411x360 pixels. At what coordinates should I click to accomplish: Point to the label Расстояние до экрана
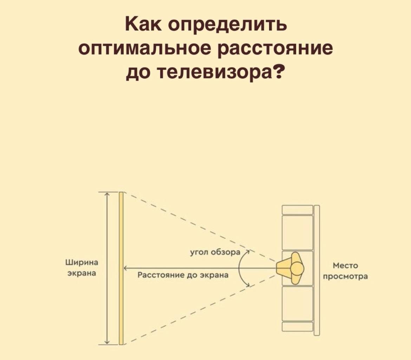point(183,275)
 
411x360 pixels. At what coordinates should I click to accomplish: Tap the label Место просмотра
point(345,271)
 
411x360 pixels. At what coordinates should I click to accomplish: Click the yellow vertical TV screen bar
point(121,268)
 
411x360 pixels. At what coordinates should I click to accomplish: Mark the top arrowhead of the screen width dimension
point(108,194)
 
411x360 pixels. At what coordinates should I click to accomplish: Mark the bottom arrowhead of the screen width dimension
point(108,342)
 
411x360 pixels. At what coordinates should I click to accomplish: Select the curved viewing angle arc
point(239,268)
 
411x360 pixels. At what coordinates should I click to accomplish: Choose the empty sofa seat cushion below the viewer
point(297,304)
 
